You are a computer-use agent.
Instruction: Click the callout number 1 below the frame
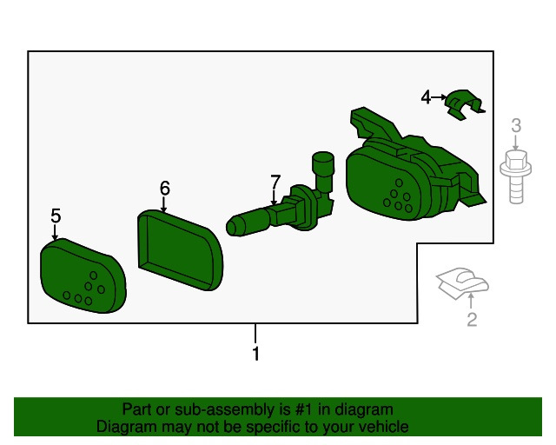255,354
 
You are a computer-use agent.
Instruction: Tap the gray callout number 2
472,319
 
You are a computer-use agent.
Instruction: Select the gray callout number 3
516,125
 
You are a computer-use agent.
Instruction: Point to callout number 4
426,96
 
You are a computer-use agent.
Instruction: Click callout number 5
56,216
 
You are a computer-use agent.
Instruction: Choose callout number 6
164,188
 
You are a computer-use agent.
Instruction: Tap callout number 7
275,182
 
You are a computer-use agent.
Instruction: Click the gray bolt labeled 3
516,176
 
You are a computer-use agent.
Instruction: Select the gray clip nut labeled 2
462,282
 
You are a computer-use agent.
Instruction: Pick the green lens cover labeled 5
83,276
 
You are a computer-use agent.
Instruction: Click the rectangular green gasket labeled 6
180,249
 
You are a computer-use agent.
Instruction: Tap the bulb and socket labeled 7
281,199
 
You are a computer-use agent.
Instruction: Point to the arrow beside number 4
439,96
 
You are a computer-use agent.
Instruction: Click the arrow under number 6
163,204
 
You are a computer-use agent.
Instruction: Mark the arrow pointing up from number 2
471,301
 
